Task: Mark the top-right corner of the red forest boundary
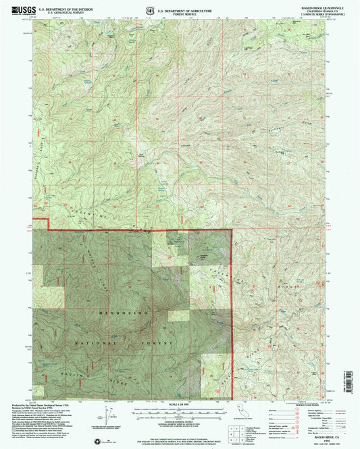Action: point(232,230)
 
